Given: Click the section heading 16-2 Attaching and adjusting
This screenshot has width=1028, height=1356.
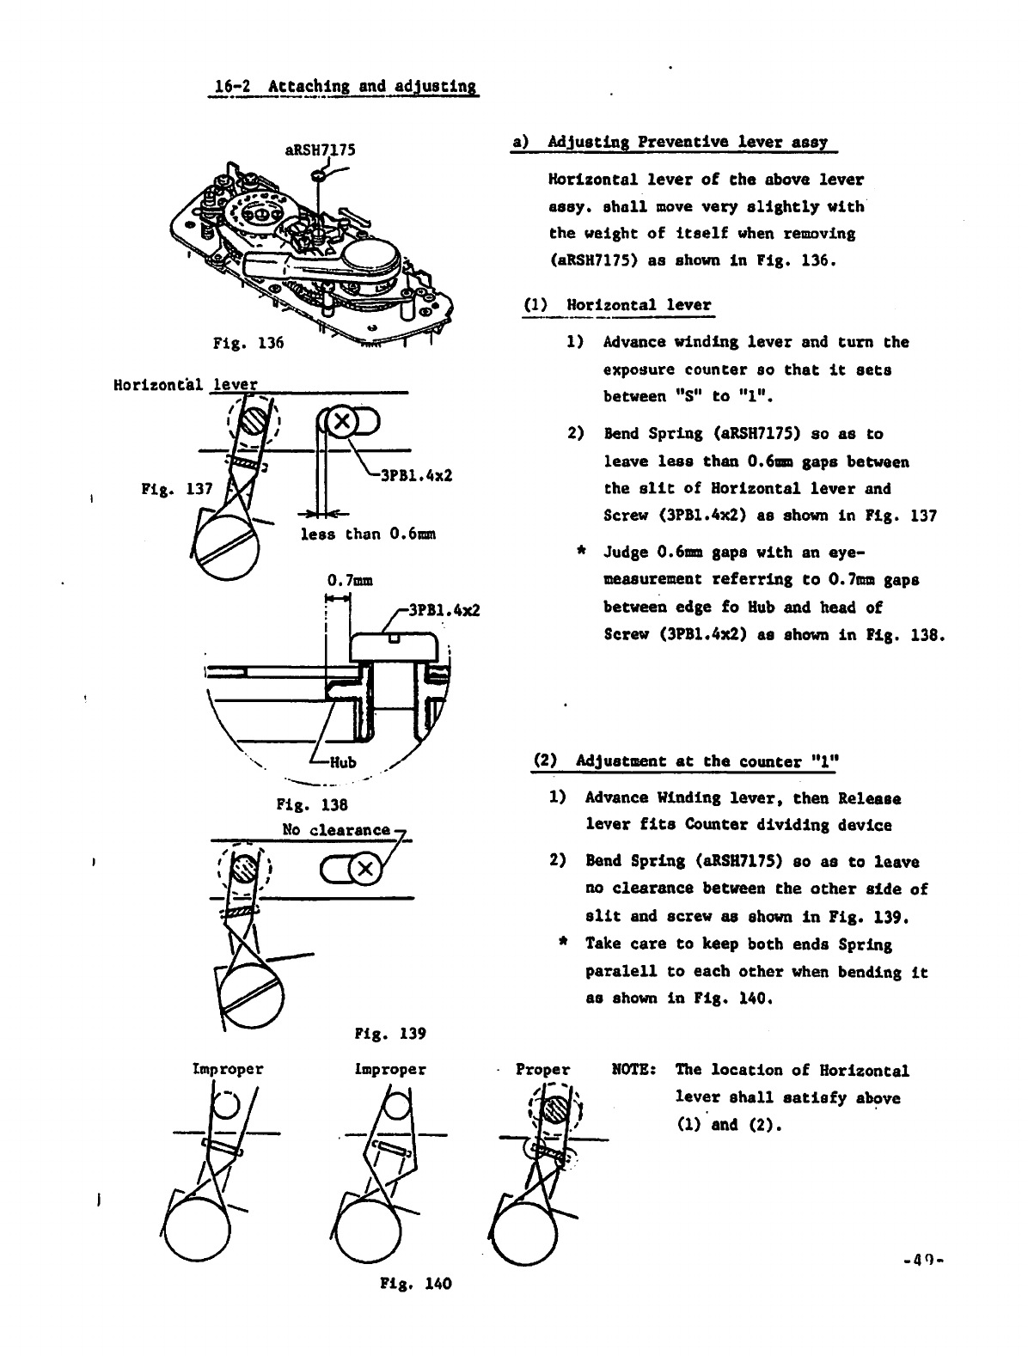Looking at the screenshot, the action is [x=345, y=87].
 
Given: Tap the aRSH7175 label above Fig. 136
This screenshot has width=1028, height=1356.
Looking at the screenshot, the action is [x=320, y=149].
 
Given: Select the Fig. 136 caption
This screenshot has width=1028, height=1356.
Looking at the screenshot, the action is [x=248, y=344].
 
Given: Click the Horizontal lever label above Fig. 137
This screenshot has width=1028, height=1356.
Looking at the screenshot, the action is [x=186, y=384].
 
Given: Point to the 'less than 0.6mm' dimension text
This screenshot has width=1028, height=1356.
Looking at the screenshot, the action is [x=368, y=534].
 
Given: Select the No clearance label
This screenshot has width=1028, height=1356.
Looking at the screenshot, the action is [x=336, y=830].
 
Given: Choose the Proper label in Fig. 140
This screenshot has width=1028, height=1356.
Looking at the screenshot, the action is [x=542, y=1070].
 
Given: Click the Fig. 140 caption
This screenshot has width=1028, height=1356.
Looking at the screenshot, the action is [x=415, y=1284].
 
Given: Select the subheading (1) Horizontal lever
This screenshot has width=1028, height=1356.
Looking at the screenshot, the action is [x=617, y=305].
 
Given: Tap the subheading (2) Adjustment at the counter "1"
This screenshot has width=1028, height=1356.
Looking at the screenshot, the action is [x=686, y=761].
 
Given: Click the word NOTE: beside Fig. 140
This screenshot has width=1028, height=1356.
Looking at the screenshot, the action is [x=634, y=1071].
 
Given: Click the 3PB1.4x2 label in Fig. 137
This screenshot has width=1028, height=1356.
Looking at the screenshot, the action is [x=419, y=475].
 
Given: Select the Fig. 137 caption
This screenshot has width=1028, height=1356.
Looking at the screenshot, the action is [x=176, y=490].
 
